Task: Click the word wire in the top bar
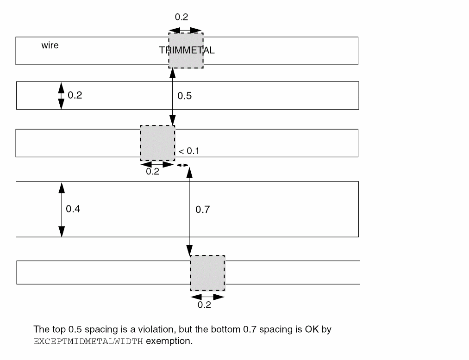(50, 46)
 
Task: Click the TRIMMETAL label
(187, 50)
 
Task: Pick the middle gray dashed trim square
(157, 143)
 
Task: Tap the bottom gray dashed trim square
(207, 273)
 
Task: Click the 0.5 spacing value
(184, 96)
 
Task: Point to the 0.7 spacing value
(202, 210)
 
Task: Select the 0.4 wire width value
(73, 209)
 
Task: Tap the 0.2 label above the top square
(181, 17)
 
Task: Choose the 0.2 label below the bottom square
(204, 305)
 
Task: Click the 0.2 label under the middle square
(152, 172)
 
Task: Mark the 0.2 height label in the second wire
(75, 95)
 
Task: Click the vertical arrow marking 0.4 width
(62, 209)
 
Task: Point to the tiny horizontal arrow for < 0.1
(182, 165)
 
